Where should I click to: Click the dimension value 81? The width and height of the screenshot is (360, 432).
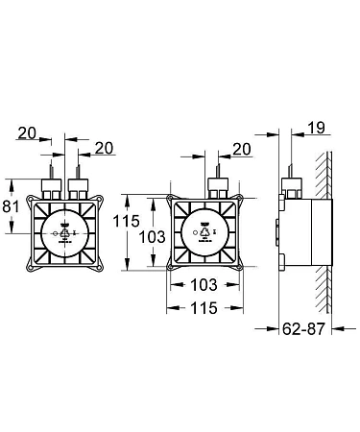(x=11, y=206)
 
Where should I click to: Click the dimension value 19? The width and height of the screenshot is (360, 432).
(x=317, y=128)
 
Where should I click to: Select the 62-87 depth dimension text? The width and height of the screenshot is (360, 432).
(x=303, y=328)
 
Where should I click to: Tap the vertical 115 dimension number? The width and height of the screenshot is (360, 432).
(x=127, y=221)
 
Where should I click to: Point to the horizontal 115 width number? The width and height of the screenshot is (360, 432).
(x=204, y=308)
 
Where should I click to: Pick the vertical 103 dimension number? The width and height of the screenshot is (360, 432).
(x=153, y=237)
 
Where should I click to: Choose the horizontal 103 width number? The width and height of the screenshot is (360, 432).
(x=204, y=284)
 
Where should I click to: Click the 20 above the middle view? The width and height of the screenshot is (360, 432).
(x=242, y=149)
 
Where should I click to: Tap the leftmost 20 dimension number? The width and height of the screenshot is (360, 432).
(x=27, y=132)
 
